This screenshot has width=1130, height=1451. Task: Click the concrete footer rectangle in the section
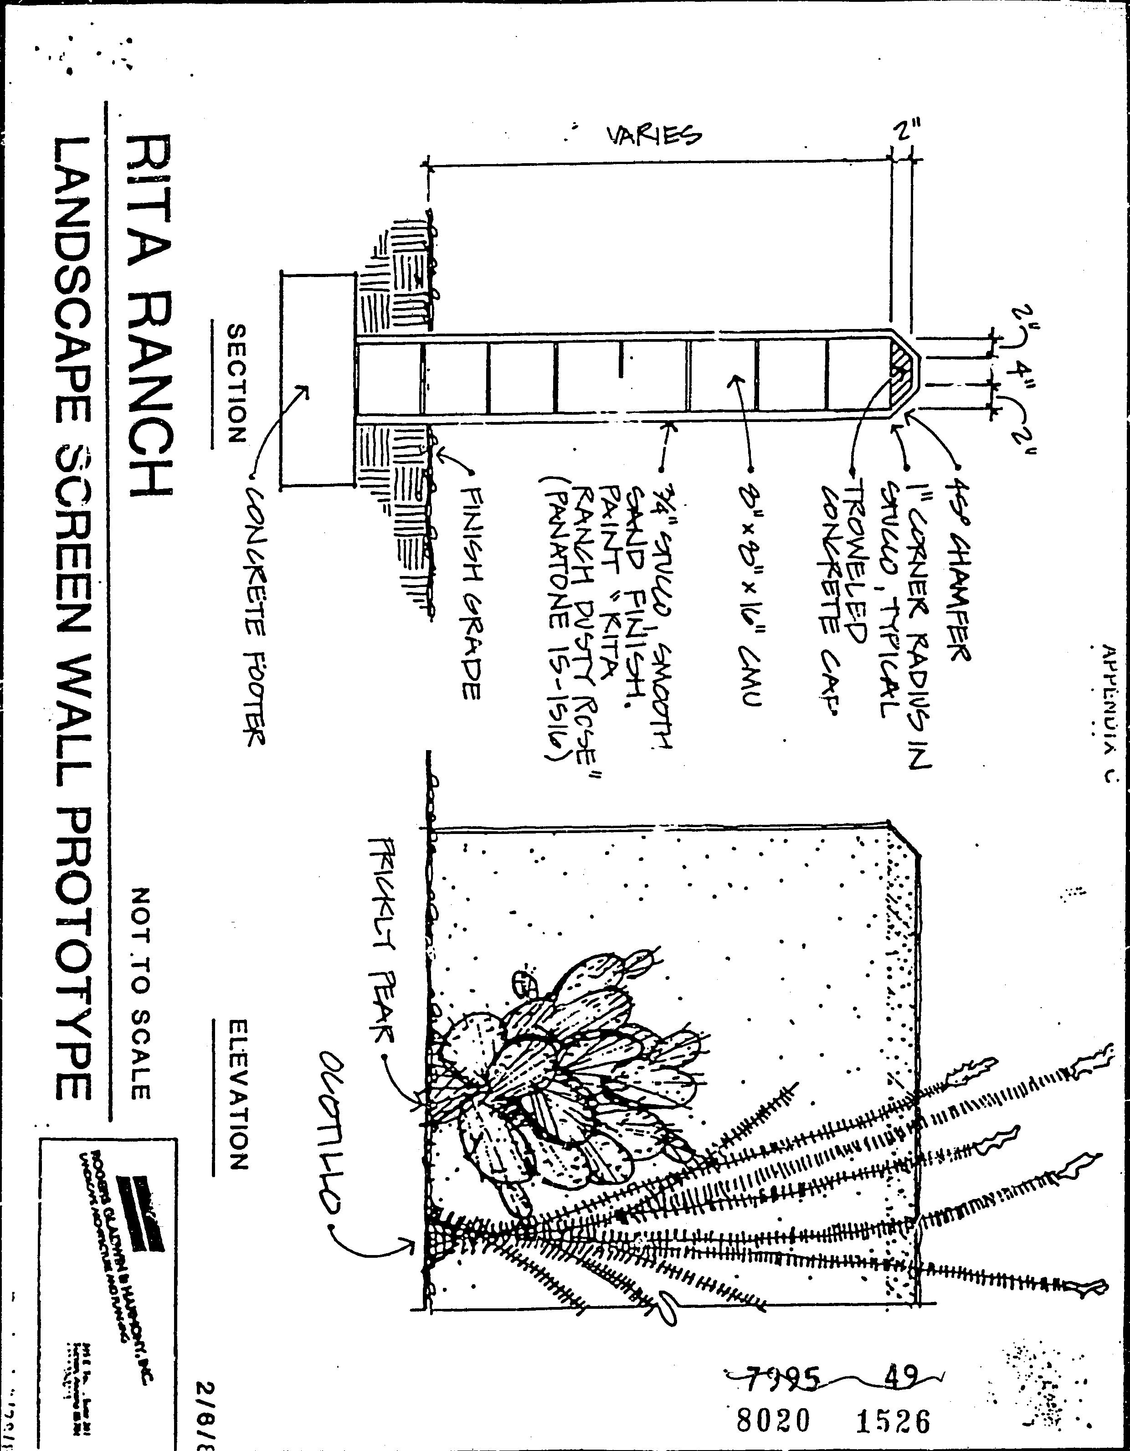point(316,379)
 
